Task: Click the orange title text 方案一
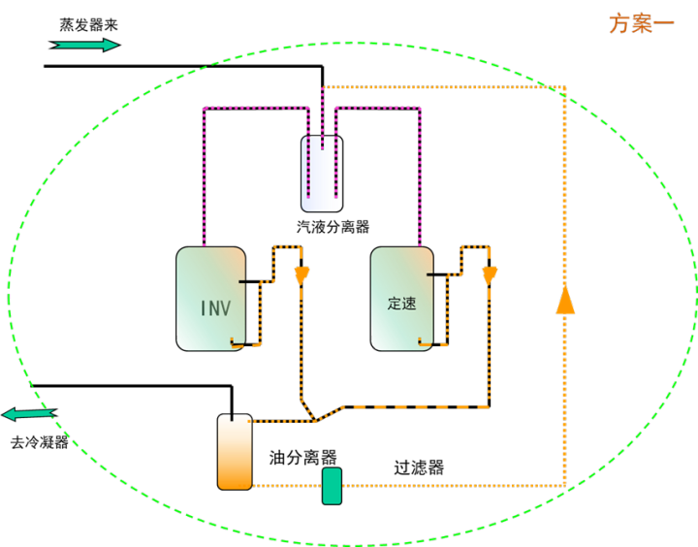coord(642,23)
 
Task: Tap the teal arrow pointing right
coord(86,45)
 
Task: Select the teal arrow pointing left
coord(28,414)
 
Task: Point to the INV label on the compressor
coord(215,308)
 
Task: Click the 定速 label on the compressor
coord(401,304)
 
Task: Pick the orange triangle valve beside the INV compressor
coord(301,276)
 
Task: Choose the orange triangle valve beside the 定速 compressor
coord(490,276)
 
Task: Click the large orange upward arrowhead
coord(565,299)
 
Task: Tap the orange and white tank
coord(235,453)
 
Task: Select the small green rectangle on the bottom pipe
coord(332,486)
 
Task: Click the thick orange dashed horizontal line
coord(417,406)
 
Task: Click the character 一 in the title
coord(664,23)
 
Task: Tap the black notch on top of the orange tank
coord(232,418)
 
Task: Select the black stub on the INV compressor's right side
coord(242,282)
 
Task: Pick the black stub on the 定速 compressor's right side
coord(430,275)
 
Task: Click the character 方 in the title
coord(619,23)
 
